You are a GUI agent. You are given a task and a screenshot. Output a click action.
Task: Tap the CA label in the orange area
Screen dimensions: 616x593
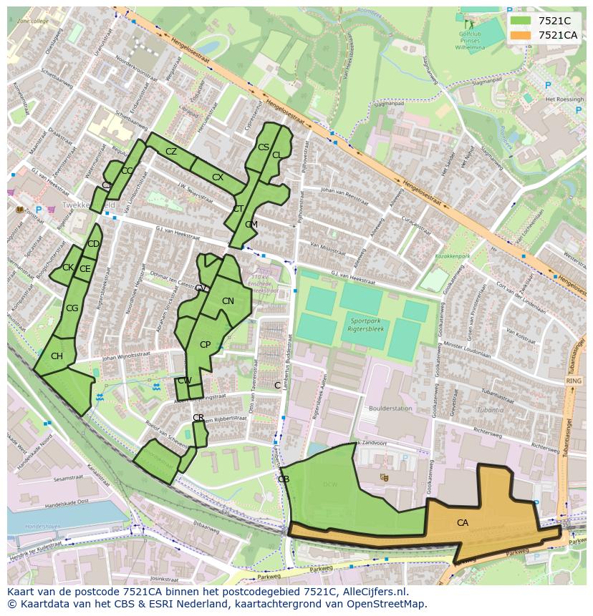coord(463,523)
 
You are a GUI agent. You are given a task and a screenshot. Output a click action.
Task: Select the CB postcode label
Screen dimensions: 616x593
coord(284,479)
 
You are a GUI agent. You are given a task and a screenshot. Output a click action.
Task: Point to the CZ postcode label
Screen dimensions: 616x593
coord(171,152)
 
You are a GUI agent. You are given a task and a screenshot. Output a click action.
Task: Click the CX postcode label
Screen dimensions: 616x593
coord(218,177)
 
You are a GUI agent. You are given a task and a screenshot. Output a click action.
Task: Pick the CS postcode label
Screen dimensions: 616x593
coord(263,147)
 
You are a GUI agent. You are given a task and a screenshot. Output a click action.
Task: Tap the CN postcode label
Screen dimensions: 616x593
coord(228,301)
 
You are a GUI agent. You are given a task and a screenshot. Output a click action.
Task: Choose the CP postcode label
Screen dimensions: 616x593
coord(205,345)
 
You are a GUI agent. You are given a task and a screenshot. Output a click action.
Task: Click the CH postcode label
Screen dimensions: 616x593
coord(57,356)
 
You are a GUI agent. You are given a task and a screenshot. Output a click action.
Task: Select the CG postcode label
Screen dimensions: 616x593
coord(72,308)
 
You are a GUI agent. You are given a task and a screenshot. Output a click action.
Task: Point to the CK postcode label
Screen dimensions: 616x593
coord(68,268)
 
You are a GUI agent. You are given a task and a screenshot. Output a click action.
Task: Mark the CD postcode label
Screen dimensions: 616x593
coord(93,244)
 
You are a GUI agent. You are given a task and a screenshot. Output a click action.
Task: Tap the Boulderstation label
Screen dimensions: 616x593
coord(390,409)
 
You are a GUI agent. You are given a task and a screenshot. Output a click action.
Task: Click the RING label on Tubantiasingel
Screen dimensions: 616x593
coord(574,381)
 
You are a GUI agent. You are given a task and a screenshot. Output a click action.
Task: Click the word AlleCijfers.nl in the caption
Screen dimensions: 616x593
coord(372,592)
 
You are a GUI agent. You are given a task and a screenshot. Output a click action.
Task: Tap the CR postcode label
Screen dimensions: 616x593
coord(198,418)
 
